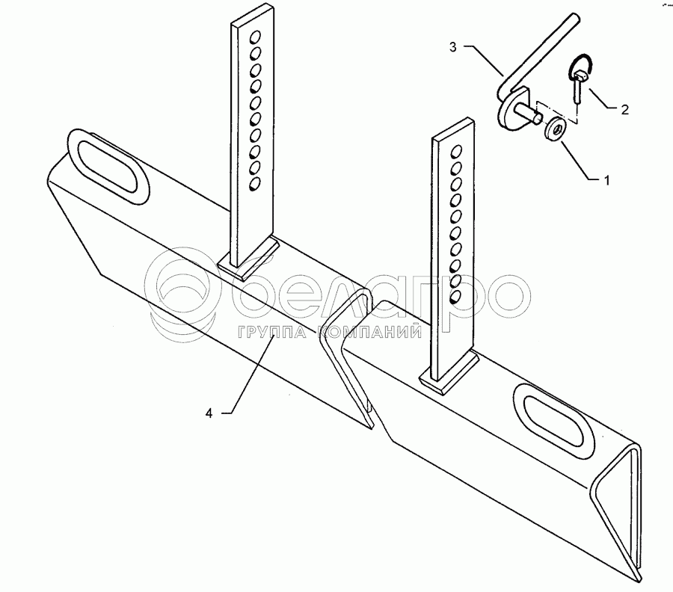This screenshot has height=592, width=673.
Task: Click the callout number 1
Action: tap(607, 180)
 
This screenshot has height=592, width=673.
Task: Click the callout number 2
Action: tap(623, 109)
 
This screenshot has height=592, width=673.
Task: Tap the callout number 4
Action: tap(210, 413)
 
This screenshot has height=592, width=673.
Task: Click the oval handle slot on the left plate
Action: tap(109, 169)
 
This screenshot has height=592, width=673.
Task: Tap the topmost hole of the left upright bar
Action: tap(255, 36)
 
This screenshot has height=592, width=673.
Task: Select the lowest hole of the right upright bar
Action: tap(453, 297)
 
